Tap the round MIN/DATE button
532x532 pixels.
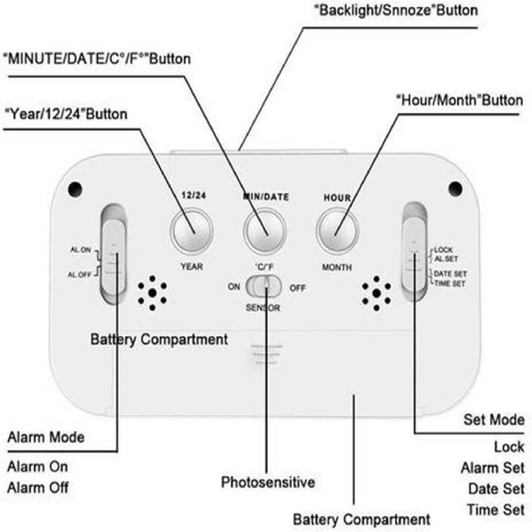pyautogui.click(x=265, y=230)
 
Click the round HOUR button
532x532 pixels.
pyautogui.click(x=337, y=230)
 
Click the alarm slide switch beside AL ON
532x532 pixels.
pyautogui.click(x=113, y=254)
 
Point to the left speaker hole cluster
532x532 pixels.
pyautogui.click(x=152, y=293)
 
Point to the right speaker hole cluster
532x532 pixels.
pyautogui.click(x=376, y=293)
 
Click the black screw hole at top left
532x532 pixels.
pyautogui.click(x=75, y=189)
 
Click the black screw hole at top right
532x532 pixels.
pyautogui.click(x=455, y=188)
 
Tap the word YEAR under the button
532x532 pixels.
pyautogui.click(x=192, y=267)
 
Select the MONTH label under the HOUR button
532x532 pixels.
pyautogui.click(x=337, y=267)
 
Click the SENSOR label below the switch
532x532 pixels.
pyautogui.click(x=263, y=308)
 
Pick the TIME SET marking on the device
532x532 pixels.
pyautogui.click(x=449, y=283)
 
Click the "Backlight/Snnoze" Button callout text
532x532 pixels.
pyautogui.click(x=396, y=11)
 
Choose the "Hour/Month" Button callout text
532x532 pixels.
pyautogui.click(x=459, y=101)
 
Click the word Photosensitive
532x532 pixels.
pyautogui.click(x=268, y=482)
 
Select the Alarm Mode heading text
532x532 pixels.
pyautogui.click(x=46, y=437)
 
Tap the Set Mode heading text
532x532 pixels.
pyautogui.click(x=494, y=420)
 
